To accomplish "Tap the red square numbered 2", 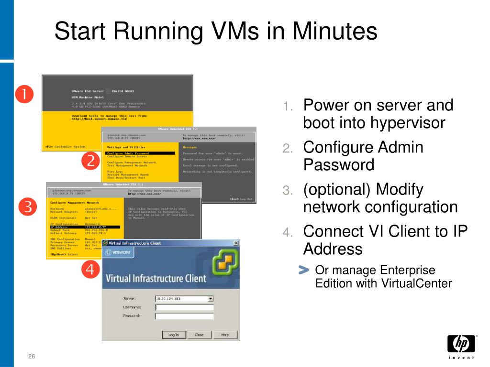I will tap(90, 162).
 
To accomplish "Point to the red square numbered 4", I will tap(90, 270).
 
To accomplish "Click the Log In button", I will tap(173, 335).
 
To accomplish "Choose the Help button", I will tap(224, 335).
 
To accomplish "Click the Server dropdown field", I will tap(184, 299).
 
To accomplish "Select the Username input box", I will tap(184, 307).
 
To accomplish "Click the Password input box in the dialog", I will tap(184, 316).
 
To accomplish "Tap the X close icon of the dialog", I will tap(236, 243).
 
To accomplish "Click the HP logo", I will tap(461, 344).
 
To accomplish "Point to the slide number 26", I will tap(32, 357).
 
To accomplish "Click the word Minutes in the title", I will tap(335, 32).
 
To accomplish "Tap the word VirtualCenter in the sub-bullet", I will tap(417, 283).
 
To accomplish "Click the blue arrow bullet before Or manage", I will tap(303, 270).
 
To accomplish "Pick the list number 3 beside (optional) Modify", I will tap(287, 191).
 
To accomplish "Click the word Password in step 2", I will tap(339, 165).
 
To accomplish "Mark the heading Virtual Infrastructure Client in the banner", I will tap(156, 278).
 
